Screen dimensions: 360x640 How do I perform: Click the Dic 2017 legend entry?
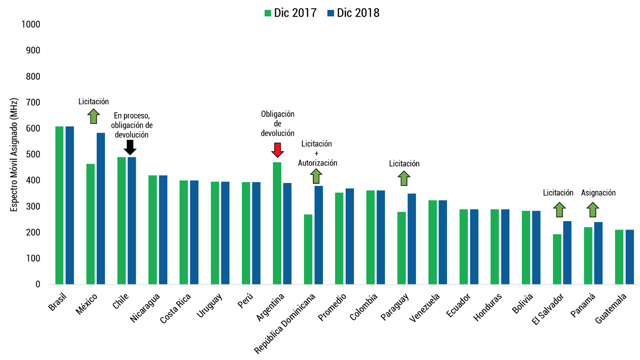290,13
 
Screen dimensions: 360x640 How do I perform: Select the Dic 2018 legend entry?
353,13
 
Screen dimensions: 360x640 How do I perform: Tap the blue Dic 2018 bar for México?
101,208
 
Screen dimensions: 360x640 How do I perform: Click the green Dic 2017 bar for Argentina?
277,223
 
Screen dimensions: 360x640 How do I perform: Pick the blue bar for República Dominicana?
319,235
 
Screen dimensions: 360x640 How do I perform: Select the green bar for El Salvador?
557,259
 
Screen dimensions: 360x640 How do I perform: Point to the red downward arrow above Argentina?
278,150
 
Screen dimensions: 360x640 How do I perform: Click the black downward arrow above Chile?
130,147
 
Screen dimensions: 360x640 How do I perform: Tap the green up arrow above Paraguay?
404,178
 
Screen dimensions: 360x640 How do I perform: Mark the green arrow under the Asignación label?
592,209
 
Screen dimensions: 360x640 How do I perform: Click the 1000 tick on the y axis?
31,24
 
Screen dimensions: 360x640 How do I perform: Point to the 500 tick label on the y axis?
32,154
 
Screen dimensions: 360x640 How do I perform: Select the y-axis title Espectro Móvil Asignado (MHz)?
14,155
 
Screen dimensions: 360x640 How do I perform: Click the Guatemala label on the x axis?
611,308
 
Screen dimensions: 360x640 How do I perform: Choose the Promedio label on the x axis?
333,307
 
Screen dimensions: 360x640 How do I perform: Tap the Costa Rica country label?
176,308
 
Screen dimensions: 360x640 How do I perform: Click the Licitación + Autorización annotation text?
317,154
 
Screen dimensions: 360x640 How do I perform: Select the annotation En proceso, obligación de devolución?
132,125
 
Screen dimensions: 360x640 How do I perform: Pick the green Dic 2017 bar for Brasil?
59,205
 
